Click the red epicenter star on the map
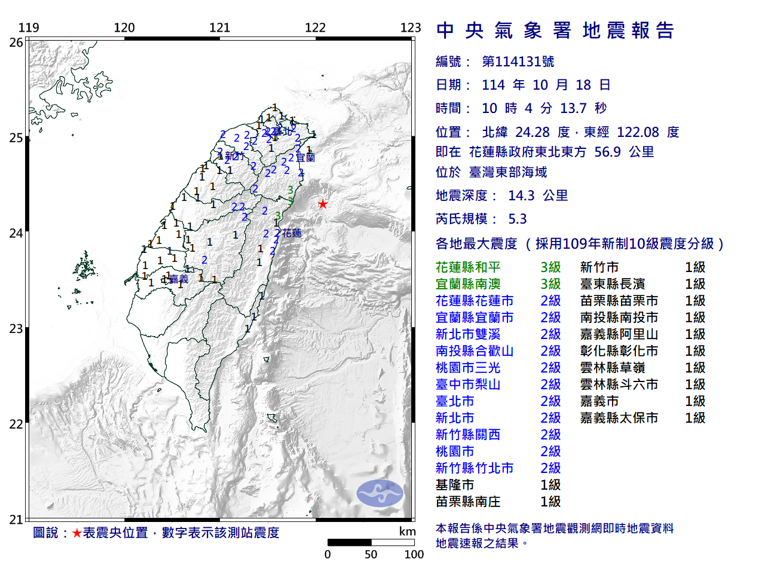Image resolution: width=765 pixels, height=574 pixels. [x=323, y=204]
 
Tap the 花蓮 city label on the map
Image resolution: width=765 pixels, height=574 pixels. [x=292, y=233]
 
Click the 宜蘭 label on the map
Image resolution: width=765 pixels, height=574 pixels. [x=305, y=158]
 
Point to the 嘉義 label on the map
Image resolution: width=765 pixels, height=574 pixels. [x=178, y=279]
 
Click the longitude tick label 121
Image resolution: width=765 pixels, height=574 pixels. [x=219, y=28]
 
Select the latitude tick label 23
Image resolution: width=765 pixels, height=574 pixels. [x=16, y=329]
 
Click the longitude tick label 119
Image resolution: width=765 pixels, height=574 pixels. [x=29, y=28]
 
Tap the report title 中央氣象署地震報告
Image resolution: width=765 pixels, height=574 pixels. [x=555, y=30]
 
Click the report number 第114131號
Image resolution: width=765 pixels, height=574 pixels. [x=518, y=62]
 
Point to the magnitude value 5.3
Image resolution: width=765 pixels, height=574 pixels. [x=517, y=219]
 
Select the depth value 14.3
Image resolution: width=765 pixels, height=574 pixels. [x=521, y=196]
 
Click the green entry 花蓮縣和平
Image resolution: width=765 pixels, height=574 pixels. [x=468, y=267]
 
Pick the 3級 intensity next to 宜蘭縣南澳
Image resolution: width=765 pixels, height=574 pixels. [x=550, y=284]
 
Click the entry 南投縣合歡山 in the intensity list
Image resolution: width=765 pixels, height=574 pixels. [x=475, y=351]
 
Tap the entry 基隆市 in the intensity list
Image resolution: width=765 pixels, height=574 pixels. [x=455, y=485]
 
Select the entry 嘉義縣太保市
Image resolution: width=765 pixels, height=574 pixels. [x=619, y=418]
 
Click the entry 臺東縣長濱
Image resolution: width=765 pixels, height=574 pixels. [x=612, y=284]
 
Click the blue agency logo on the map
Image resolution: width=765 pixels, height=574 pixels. [x=380, y=493]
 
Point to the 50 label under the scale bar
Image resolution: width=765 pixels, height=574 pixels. [x=371, y=554]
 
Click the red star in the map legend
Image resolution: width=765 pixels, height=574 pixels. [x=76, y=533]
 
